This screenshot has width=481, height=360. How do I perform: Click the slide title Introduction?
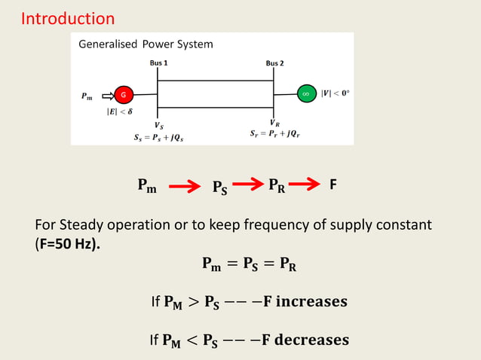tap(68, 18)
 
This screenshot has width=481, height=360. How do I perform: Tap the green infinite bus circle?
tap(305, 94)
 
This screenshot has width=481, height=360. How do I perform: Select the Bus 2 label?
tap(274, 63)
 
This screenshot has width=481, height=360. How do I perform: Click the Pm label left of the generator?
tap(87, 96)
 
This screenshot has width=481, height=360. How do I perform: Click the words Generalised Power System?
tap(146, 44)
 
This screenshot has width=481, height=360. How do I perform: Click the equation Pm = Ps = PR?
tap(249, 264)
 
